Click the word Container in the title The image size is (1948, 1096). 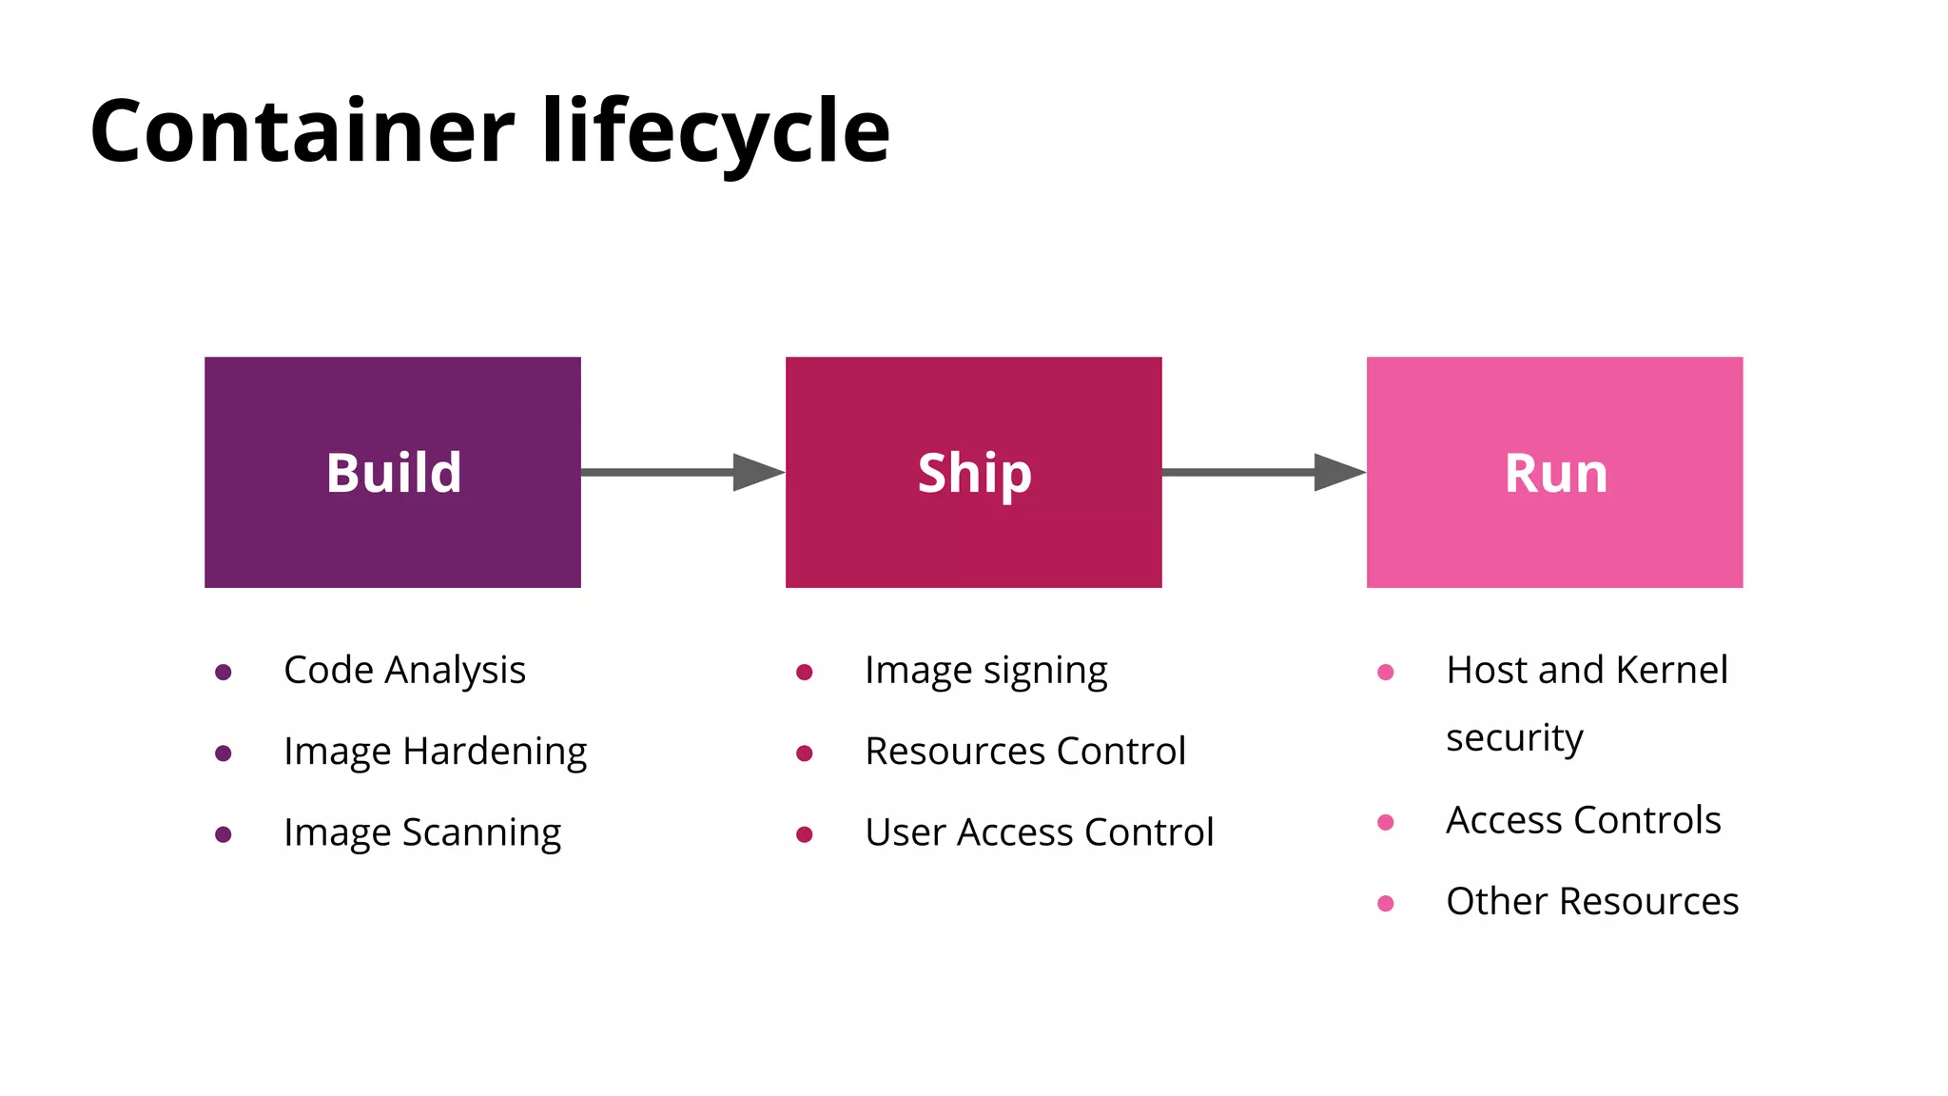tap(302, 131)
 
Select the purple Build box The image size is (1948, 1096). tap(392, 472)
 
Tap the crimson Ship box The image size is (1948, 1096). tap(973, 472)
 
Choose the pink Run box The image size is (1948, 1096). tap(1554, 472)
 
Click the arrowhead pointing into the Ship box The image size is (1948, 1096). tap(757, 472)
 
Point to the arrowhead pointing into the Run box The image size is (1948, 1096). tap(1338, 472)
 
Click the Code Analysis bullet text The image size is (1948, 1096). tap(404, 671)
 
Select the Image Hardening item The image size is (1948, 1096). tap(435, 752)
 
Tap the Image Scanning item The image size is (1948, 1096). tap(422, 832)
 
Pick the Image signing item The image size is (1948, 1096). tap(985, 671)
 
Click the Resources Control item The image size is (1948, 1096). tap(1025, 752)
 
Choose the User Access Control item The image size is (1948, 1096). tap(1039, 832)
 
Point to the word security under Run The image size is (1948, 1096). tap(1514, 738)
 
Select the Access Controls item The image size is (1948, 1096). tap(1583, 820)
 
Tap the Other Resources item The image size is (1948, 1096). tap(1592, 902)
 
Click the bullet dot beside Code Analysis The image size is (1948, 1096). tap(224, 673)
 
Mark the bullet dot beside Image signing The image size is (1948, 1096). tap(804, 673)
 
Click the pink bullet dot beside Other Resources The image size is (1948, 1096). tap(1386, 904)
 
